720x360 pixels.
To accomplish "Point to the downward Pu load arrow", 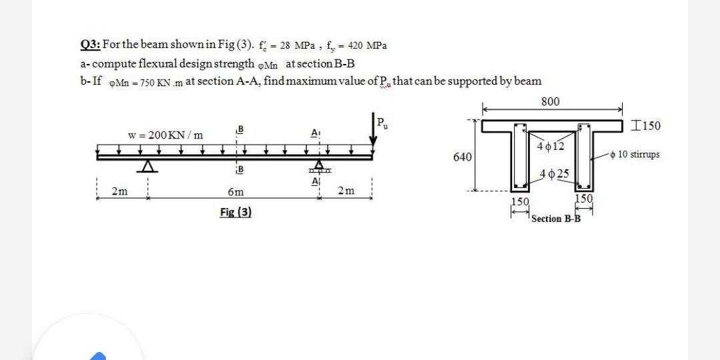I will coord(372,136).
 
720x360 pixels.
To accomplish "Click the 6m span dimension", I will coord(235,192).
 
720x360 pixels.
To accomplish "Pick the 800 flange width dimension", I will coord(551,101).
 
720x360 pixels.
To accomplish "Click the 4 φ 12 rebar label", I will coord(549,146).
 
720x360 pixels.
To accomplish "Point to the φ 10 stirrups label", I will coord(638,155).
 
